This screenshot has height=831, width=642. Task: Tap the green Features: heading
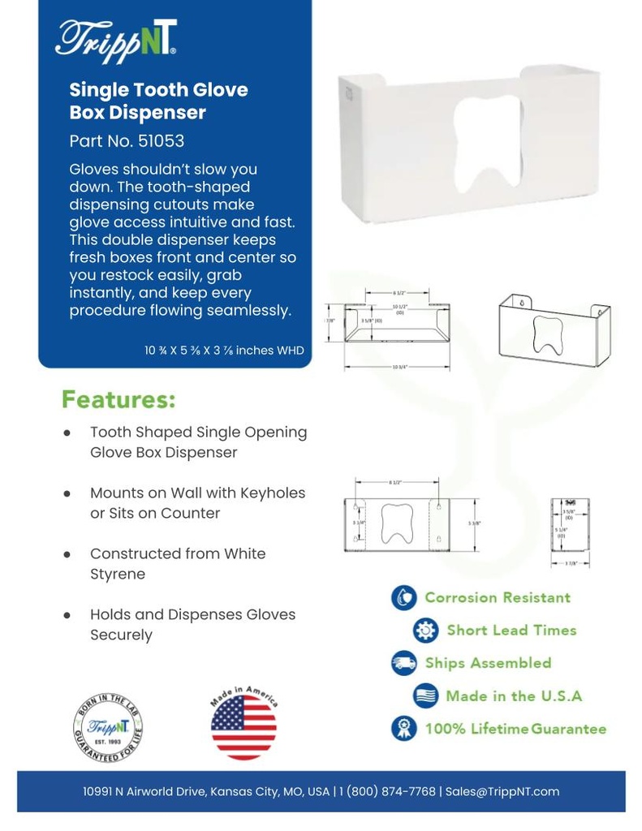(x=118, y=400)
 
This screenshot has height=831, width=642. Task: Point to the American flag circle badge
(x=243, y=724)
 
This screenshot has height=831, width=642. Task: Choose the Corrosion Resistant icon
(x=403, y=598)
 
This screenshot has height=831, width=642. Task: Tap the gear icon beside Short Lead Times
(x=425, y=631)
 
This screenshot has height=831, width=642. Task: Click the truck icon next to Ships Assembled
(x=403, y=663)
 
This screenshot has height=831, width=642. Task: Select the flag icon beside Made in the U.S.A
(x=425, y=696)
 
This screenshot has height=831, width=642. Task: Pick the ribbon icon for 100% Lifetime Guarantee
(x=403, y=728)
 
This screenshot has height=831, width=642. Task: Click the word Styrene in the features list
(x=118, y=574)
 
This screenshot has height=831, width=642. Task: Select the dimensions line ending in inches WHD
(x=224, y=351)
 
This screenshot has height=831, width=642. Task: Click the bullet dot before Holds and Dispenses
(x=68, y=615)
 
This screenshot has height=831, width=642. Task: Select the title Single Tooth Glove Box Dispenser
(x=158, y=101)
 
